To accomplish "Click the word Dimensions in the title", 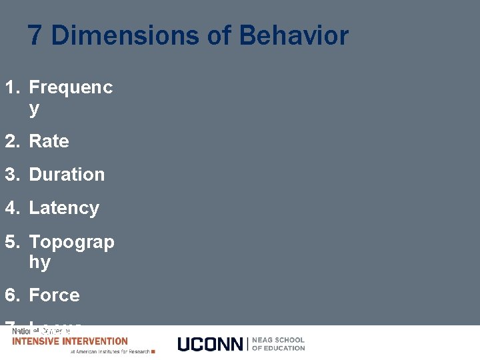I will (x=125, y=35).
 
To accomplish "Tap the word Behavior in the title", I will (x=293, y=35).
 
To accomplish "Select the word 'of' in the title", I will (x=219, y=35).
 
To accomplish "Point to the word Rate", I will (x=49, y=141).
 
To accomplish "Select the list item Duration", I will (x=67, y=175).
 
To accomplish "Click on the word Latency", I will (x=64, y=208).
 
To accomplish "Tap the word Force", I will (x=54, y=295).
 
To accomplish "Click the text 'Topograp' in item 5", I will (x=71, y=242).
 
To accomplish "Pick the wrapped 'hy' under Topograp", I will (x=39, y=263).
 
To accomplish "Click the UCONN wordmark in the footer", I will (x=211, y=344).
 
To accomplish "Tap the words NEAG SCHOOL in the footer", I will (x=278, y=340).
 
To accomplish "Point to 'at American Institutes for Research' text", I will (x=111, y=351).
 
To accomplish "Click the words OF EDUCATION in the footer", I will (x=278, y=348).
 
